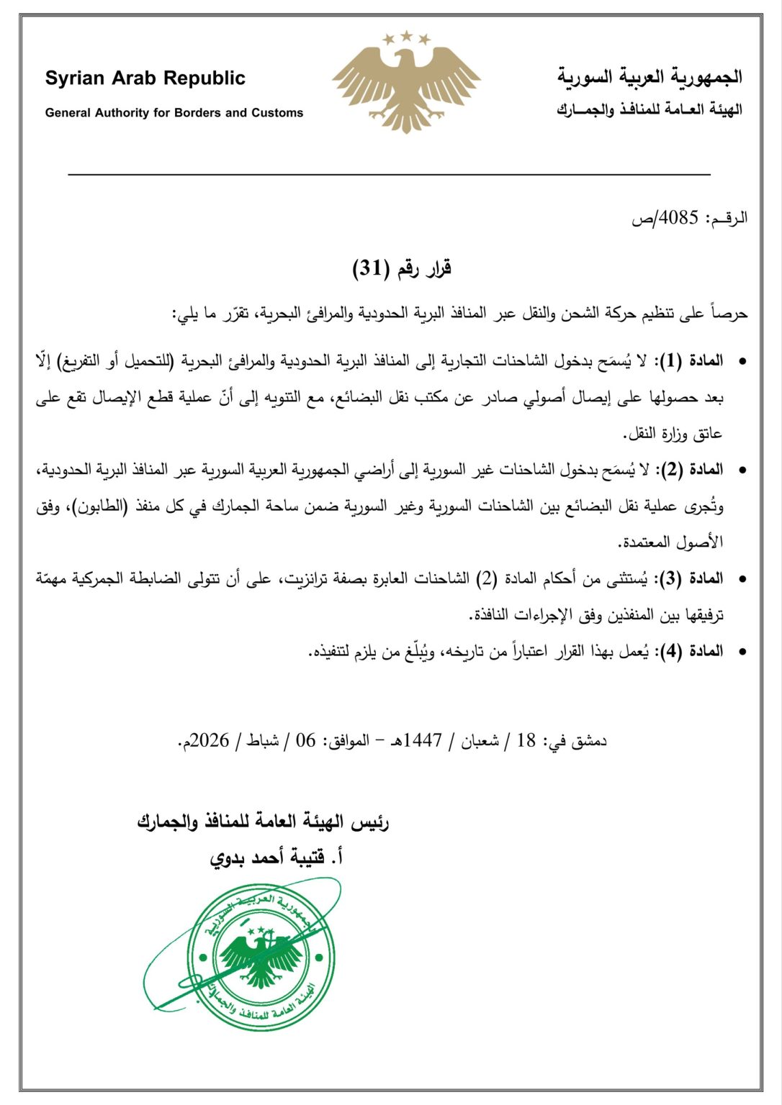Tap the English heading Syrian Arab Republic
pos(145,78)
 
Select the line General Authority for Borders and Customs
pos(174,112)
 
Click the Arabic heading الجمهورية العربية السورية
pos(650,77)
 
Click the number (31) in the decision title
pos(371,268)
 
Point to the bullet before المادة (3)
pos(742,579)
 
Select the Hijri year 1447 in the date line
pos(423,740)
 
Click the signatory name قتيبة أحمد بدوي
pos(266,858)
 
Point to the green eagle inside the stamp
pos(260,958)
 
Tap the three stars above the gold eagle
pos(406,37)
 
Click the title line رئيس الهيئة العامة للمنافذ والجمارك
pos(263,822)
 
